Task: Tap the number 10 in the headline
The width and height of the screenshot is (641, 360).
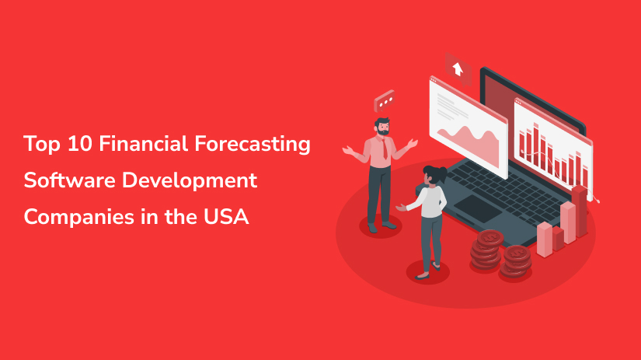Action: (x=80, y=144)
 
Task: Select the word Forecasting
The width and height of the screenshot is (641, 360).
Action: (x=253, y=145)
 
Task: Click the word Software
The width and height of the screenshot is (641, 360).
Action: (x=69, y=180)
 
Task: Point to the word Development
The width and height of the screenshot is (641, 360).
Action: (x=190, y=181)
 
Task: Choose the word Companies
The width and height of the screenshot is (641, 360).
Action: (x=79, y=217)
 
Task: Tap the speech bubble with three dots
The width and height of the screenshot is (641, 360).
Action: (x=385, y=100)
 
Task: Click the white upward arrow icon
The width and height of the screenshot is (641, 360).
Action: (x=458, y=68)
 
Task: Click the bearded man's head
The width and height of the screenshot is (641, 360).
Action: (x=382, y=127)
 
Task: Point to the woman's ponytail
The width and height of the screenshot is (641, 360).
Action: (x=441, y=173)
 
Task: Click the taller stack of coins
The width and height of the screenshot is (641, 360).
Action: (x=486, y=250)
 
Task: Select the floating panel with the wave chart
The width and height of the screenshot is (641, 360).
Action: (x=469, y=127)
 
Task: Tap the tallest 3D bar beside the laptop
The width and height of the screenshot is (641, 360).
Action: (x=580, y=211)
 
